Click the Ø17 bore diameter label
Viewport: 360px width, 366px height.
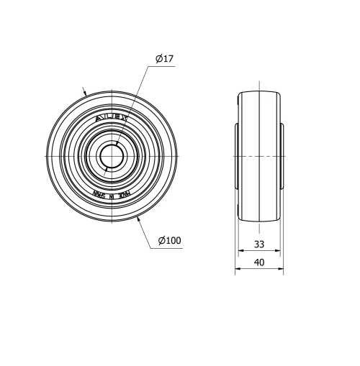pos(163,59)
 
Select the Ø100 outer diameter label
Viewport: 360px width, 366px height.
pos(169,240)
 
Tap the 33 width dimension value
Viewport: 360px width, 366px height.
pos(259,244)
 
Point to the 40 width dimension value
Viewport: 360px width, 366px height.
pos(259,262)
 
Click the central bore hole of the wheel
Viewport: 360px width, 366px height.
pos(111,155)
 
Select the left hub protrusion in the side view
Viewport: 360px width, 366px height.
pos(237,155)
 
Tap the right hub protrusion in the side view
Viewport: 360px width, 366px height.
pos(282,155)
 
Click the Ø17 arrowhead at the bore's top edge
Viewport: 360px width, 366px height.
pos(116,145)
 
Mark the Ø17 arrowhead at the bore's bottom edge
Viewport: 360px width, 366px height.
pos(107,167)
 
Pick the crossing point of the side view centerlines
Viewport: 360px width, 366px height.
pos(259,155)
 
